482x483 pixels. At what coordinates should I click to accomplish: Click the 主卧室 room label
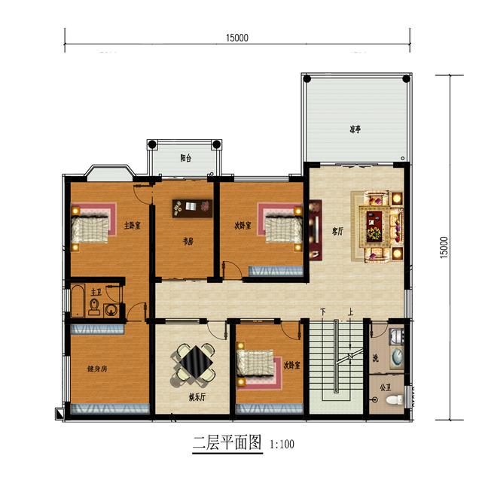pos(133,225)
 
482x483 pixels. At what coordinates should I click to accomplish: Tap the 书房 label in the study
pos(188,241)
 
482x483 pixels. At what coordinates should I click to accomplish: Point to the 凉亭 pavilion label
pos(354,129)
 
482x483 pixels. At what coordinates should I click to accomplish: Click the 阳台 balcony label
pos(185,158)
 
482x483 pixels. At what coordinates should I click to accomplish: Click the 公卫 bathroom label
pos(386,388)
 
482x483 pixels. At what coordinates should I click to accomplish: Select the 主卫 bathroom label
pos(96,291)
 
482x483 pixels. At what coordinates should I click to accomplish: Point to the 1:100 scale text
pos(282,444)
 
